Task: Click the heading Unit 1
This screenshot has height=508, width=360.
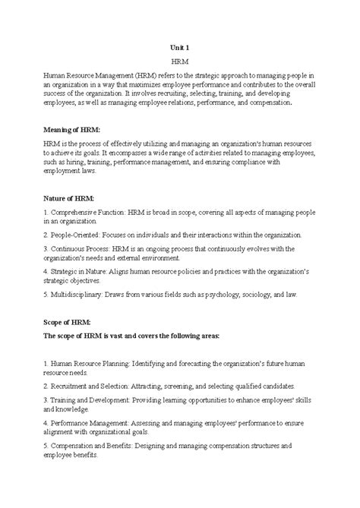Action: (179, 47)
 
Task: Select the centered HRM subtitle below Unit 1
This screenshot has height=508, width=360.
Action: (180, 59)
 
